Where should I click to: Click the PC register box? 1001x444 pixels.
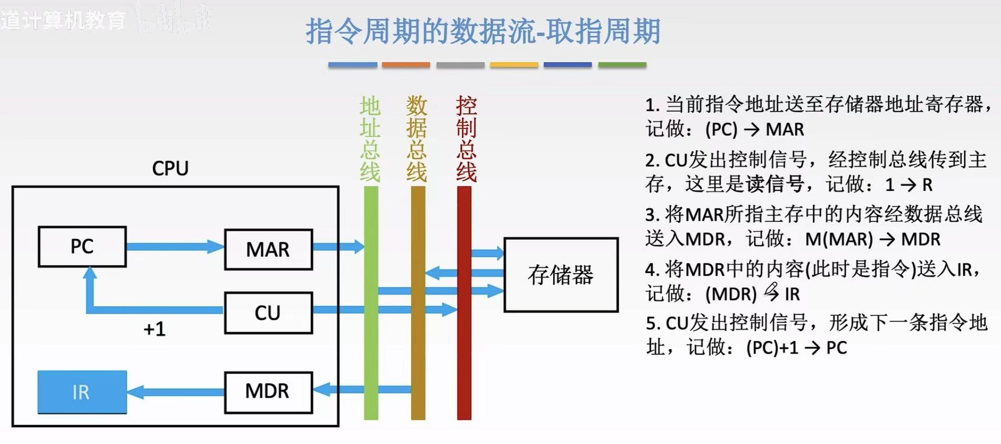(82, 246)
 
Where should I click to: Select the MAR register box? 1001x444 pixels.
(268, 250)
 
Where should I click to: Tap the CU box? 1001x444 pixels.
(268, 313)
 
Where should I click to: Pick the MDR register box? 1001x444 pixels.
(268, 392)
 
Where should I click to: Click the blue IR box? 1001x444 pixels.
(82, 392)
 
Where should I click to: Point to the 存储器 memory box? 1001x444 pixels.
(561, 275)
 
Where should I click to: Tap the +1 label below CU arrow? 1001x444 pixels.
(154, 329)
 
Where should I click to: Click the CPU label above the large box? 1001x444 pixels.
(170, 169)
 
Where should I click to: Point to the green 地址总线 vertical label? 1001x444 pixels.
(370, 139)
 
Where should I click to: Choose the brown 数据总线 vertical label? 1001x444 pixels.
(417, 139)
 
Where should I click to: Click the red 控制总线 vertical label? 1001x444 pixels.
(466, 139)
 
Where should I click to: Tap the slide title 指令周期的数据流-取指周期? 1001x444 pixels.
(483, 31)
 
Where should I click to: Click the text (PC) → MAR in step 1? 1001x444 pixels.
(754, 129)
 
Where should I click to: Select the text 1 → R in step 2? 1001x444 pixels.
(909, 185)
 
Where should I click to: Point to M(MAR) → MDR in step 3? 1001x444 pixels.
(872, 240)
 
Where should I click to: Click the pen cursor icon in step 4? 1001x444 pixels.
(771, 291)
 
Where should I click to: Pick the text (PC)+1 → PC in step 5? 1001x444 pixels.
(796, 348)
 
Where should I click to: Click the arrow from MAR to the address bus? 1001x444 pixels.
(338, 246)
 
